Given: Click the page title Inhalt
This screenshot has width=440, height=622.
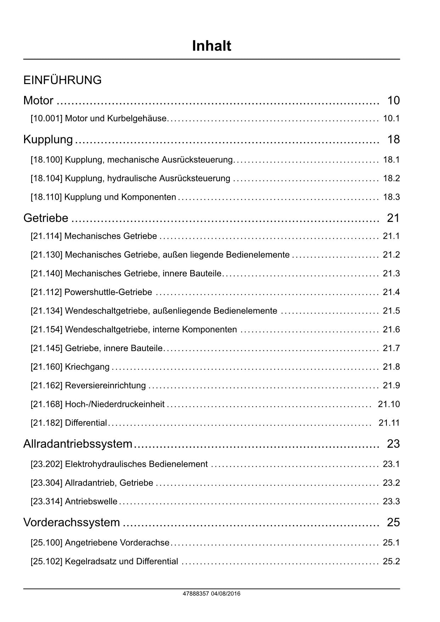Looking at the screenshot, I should click(211, 46).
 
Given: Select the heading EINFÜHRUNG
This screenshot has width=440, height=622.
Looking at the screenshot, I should click(62, 80).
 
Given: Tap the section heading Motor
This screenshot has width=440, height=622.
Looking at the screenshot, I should click(38, 101).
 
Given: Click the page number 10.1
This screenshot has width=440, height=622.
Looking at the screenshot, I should click(391, 118).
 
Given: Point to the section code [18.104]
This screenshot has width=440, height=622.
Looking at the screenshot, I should click(46, 178).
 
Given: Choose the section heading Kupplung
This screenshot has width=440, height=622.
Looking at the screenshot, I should click(48, 139).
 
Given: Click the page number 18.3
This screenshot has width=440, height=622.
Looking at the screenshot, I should click(391, 197).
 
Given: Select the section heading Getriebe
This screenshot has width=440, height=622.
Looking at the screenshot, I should click(46, 218).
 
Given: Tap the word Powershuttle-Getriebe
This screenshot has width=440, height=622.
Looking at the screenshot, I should click(108, 292).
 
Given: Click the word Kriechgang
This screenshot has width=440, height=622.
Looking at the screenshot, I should click(87, 367).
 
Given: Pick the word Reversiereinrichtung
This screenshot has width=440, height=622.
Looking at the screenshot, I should click(105, 385).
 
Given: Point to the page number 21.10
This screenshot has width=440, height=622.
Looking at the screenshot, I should click(389, 404).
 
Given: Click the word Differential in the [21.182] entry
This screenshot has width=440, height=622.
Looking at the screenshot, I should click(86, 423).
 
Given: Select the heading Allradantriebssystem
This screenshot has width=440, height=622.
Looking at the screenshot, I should click(78, 444).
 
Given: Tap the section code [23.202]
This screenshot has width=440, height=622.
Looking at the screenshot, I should click(46, 464).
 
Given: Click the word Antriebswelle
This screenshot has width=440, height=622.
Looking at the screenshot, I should click(91, 501).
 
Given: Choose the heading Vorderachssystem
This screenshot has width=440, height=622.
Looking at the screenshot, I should click(72, 522).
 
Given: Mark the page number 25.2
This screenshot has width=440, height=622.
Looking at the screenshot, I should click(391, 561).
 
